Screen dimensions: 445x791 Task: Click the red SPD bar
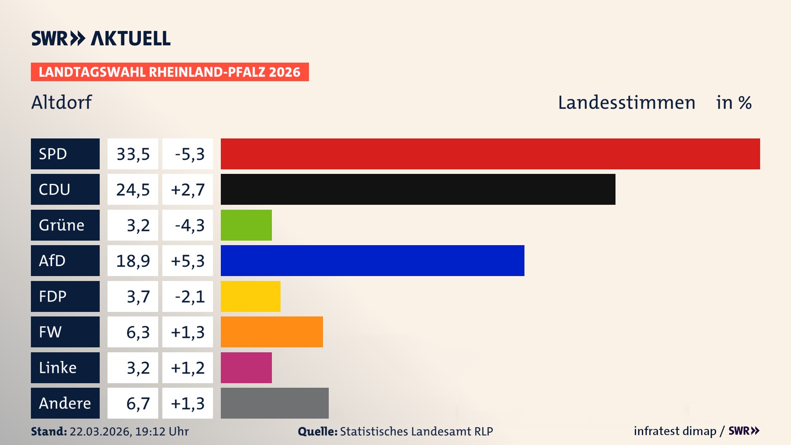tap(490, 154)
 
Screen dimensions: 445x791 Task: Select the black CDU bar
tap(418, 190)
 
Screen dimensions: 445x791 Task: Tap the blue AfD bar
tap(372, 261)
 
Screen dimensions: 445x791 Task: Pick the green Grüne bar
tap(246, 225)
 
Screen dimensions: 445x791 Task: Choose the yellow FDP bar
tap(250, 297)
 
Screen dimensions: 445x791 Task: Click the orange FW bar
tap(271, 332)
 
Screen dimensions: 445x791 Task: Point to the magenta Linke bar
tap(246, 368)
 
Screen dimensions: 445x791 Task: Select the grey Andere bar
tap(274, 403)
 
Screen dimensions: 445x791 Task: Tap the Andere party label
tap(65, 403)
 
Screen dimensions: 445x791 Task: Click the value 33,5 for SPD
tap(133, 154)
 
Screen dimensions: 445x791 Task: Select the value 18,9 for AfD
tap(133, 261)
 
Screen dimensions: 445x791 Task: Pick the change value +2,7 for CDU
tap(187, 190)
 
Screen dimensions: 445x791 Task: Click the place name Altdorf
tap(62, 103)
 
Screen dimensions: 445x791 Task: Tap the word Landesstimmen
tap(626, 103)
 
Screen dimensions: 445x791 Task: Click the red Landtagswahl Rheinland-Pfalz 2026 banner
tap(170, 72)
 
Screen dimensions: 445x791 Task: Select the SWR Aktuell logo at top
tap(101, 38)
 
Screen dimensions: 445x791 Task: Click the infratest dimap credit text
tap(675, 431)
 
